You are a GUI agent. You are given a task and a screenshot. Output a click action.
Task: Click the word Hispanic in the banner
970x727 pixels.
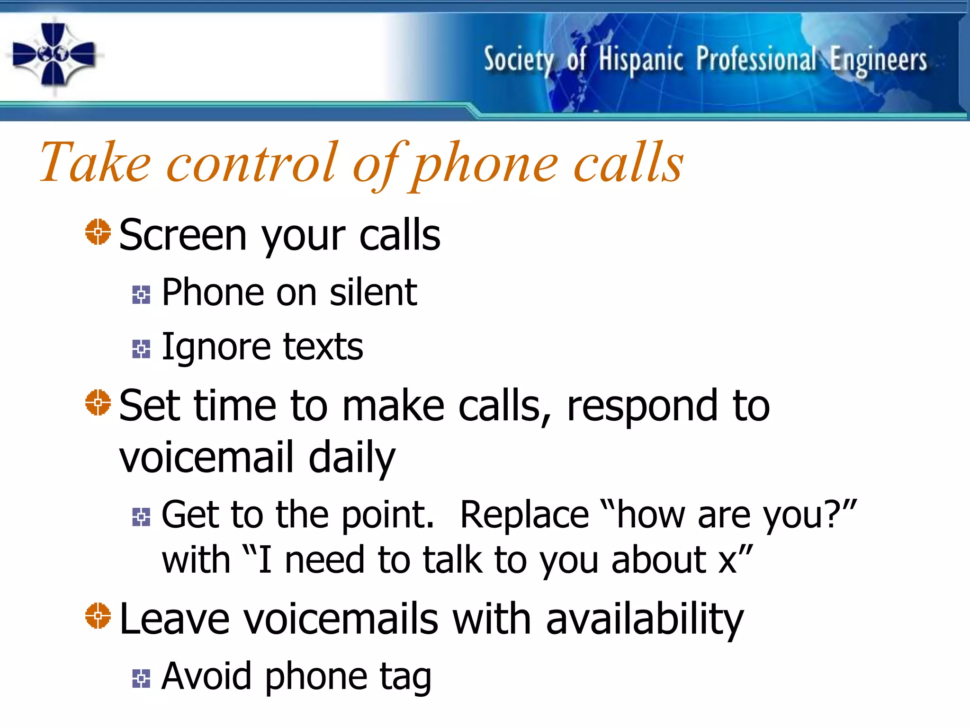tap(641, 61)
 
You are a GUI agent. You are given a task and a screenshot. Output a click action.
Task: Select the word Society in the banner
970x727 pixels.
tap(519, 61)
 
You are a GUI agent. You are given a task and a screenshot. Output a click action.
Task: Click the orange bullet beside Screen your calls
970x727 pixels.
tap(98, 232)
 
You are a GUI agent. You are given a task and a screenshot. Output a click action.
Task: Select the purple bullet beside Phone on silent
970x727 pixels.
tap(141, 294)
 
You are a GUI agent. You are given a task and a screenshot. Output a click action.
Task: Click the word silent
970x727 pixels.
tap(373, 293)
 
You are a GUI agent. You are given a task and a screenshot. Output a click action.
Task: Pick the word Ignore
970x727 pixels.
tap(216, 347)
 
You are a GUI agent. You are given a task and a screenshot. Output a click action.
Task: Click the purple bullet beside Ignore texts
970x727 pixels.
tap(141, 349)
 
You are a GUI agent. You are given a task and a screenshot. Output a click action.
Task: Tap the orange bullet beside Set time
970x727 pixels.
tap(98, 402)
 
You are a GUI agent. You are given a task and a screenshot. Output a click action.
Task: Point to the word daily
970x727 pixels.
tap(351, 458)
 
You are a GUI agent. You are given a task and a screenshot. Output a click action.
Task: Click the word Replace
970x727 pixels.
tap(524, 515)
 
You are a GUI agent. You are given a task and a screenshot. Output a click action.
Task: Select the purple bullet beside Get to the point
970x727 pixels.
tap(141, 517)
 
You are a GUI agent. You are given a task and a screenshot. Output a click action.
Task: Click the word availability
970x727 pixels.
tap(645, 619)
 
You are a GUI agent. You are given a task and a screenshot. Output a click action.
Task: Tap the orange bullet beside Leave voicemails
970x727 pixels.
tap(98, 615)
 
